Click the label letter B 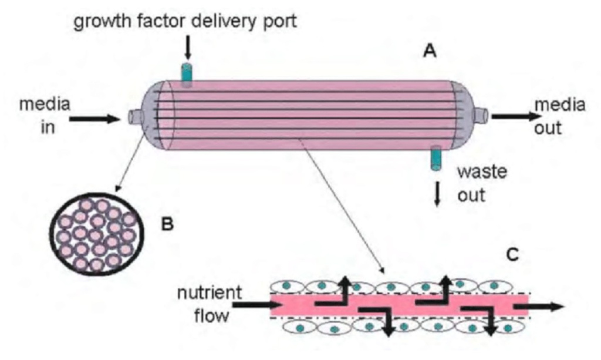168,224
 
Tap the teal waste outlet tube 435,159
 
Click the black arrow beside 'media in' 94,119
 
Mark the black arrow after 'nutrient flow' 252,305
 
